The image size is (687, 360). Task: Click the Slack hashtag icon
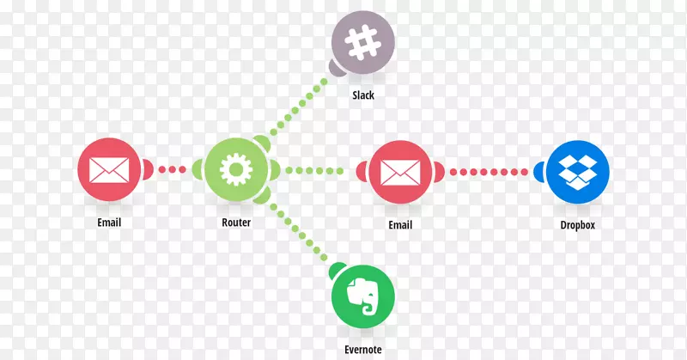pyautogui.click(x=363, y=40)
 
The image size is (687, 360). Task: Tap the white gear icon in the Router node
pyautogui.click(x=234, y=169)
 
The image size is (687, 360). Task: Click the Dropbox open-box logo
pyautogui.click(x=576, y=169)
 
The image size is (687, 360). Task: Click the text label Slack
pyautogui.click(x=363, y=95)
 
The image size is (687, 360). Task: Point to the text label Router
pyautogui.click(x=235, y=223)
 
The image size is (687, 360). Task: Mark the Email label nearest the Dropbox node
pyautogui.click(x=400, y=224)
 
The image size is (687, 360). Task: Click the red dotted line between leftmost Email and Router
pyautogui.click(x=172, y=169)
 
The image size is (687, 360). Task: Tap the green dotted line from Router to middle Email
pyautogui.click(x=318, y=169)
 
